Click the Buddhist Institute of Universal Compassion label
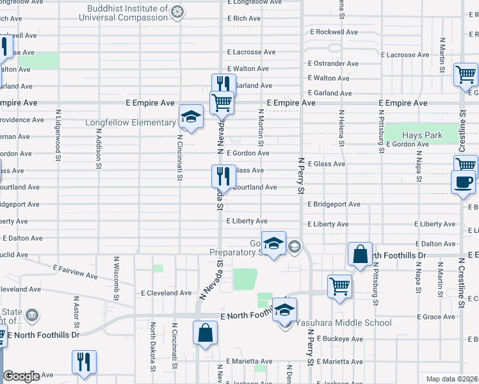tap(123, 13)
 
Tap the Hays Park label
tap(422, 135)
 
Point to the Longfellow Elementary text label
tap(131, 122)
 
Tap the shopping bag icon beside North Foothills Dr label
tap(361, 254)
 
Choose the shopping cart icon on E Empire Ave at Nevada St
tap(222, 102)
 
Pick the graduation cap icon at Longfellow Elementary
tap(191, 116)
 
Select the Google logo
tap(21, 376)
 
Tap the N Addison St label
tap(99, 147)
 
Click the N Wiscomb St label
tap(117, 278)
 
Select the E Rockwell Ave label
tap(334, 31)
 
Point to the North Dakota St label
tap(152, 346)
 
